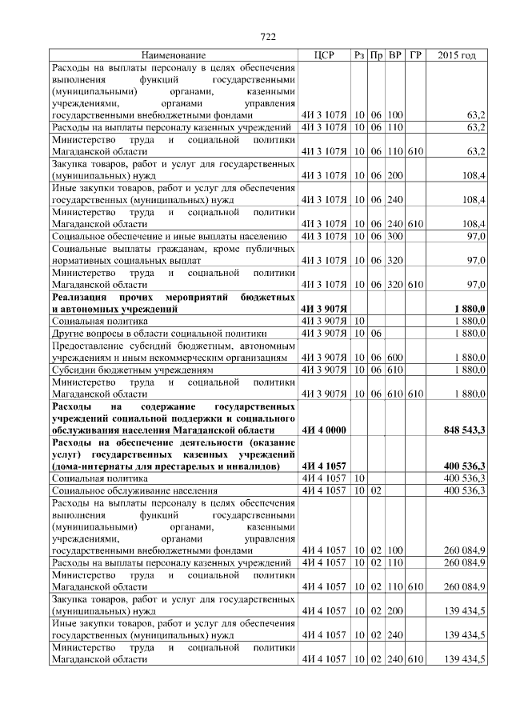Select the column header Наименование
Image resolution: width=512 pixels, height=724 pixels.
point(174,55)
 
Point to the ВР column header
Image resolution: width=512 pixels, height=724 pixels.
point(394,55)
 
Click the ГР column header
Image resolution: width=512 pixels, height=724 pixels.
point(415,55)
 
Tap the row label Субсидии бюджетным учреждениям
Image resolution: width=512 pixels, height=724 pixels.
point(133,370)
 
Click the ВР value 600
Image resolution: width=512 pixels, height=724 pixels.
point(394,358)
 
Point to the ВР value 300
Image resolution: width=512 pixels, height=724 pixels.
point(394,238)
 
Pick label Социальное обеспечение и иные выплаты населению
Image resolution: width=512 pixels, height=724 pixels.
point(169,238)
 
